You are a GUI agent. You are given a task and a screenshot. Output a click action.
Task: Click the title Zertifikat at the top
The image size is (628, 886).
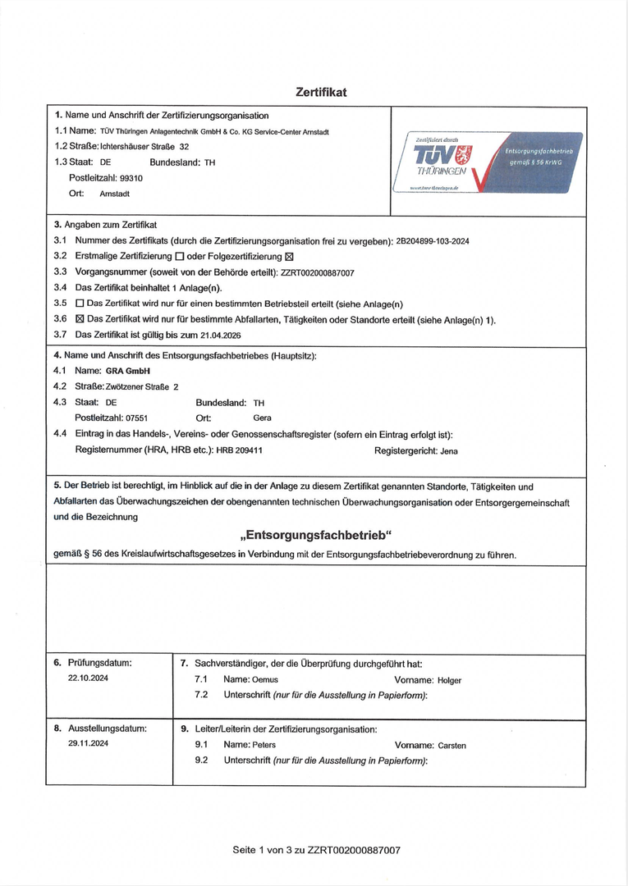click(x=321, y=92)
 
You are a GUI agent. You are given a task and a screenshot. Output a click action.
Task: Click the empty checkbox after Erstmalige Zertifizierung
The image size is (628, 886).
click(x=180, y=257)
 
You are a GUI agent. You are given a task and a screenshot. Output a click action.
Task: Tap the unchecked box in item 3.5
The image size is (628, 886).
click(x=80, y=304)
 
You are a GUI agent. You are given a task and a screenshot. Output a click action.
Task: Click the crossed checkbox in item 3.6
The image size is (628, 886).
click(x=80, y=320)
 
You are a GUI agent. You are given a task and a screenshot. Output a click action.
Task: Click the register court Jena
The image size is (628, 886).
click(x=449, y=450)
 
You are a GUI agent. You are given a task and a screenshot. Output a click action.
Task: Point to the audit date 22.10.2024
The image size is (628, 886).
click(x=88, y=678)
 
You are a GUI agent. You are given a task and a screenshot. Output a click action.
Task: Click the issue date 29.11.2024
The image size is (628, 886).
click(x=88, y=743)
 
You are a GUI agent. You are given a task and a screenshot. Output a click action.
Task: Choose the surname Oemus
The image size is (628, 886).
click(x=265, y=680)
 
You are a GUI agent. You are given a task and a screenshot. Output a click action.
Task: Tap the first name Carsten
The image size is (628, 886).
click(x=452, y=746)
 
